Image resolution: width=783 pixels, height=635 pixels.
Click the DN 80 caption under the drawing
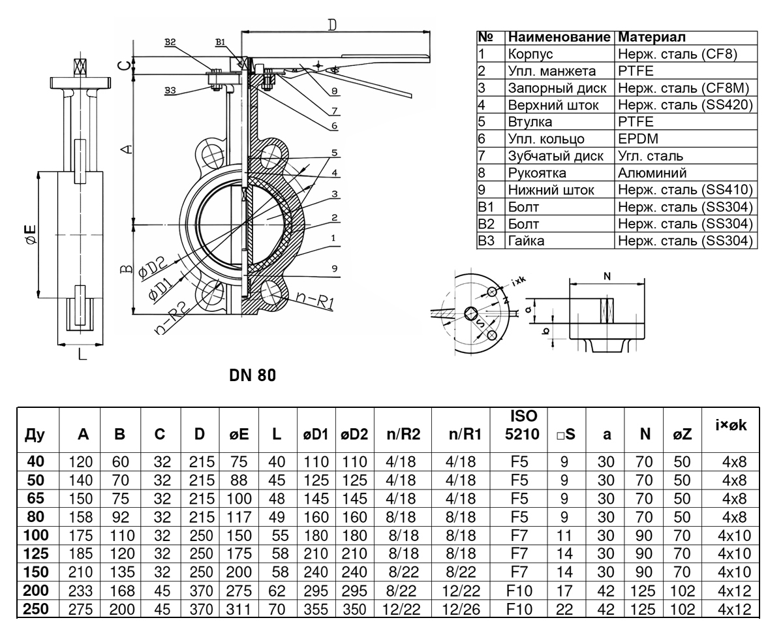click(x=252, y=375)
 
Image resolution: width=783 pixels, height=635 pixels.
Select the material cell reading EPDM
click(x=637, y=138)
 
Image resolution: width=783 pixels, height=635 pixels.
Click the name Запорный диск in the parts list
click(x=557, y=88)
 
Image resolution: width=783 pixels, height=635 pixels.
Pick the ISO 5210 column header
click(x=522, y=425)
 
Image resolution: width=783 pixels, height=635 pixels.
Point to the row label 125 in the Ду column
click(x=36, y=553)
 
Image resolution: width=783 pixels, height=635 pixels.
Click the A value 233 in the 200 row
click(x=80, y=591)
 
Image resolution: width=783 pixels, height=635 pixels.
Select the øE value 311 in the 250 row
click(x=239, y=610)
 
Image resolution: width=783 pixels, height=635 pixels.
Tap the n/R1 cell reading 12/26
click(x=461, y=610)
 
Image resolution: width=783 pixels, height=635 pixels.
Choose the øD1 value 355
click(x=316, y=610)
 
